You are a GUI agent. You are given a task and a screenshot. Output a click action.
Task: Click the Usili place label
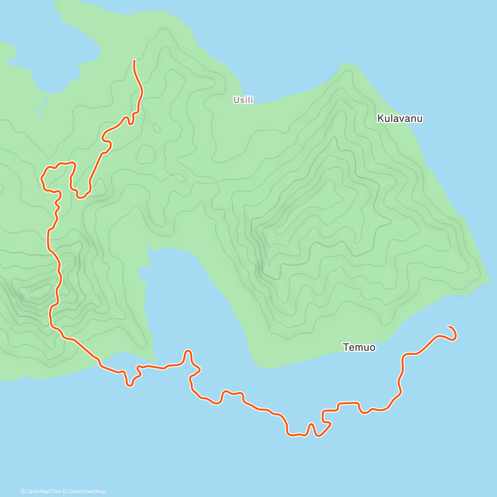[x=243, y=100]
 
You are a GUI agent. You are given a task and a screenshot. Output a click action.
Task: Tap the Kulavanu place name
[x=400, y=118]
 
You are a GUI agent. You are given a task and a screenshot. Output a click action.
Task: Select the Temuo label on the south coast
[x=359, y=347]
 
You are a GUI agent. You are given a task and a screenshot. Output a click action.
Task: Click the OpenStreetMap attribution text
[x=87, y=492]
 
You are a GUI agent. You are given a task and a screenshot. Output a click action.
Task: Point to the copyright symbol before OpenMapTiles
[x=23, y=492]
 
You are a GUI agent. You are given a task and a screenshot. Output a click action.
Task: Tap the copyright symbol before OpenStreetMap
[x=65, y=492]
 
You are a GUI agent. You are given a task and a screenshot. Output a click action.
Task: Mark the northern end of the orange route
[x=134, y=60]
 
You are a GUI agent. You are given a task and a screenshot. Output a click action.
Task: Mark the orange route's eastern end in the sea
[x=449, y=327]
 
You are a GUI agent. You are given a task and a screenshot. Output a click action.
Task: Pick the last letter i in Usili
[x=252, y=100]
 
